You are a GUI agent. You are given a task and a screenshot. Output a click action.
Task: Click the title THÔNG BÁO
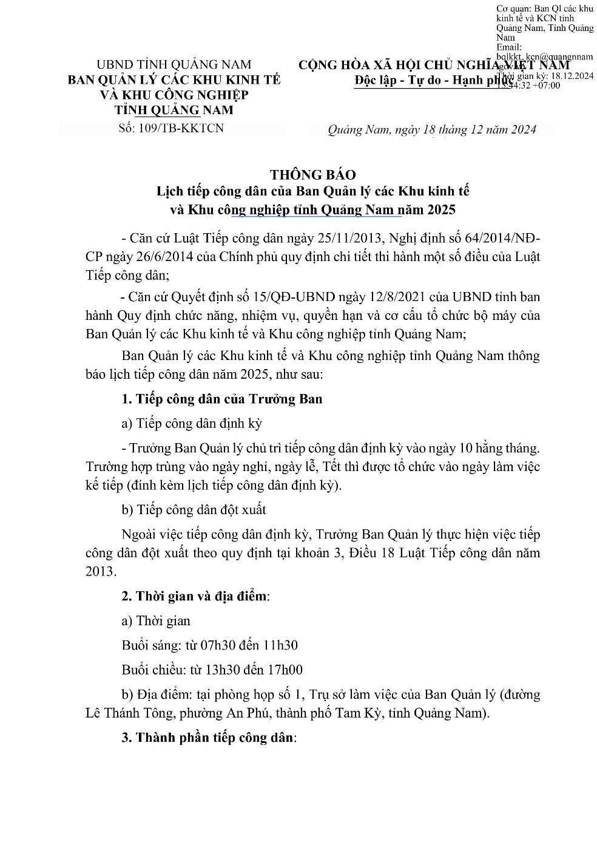tap(312, 175)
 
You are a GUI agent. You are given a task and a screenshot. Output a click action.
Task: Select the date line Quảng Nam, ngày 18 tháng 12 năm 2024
tap(431, 130)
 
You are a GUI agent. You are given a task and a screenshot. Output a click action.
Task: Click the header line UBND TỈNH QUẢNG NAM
tap(174, 65)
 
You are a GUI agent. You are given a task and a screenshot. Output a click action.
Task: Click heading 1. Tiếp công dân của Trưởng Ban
tap(222, 399)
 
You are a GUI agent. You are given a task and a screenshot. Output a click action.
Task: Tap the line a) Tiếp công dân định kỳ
tap(192, 423)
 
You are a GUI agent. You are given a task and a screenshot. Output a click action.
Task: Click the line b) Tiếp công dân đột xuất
tap(194, 509)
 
